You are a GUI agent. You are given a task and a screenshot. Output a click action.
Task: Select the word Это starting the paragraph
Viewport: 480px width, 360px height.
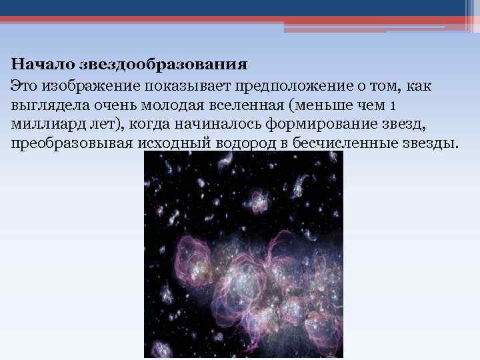coord(25,85)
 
